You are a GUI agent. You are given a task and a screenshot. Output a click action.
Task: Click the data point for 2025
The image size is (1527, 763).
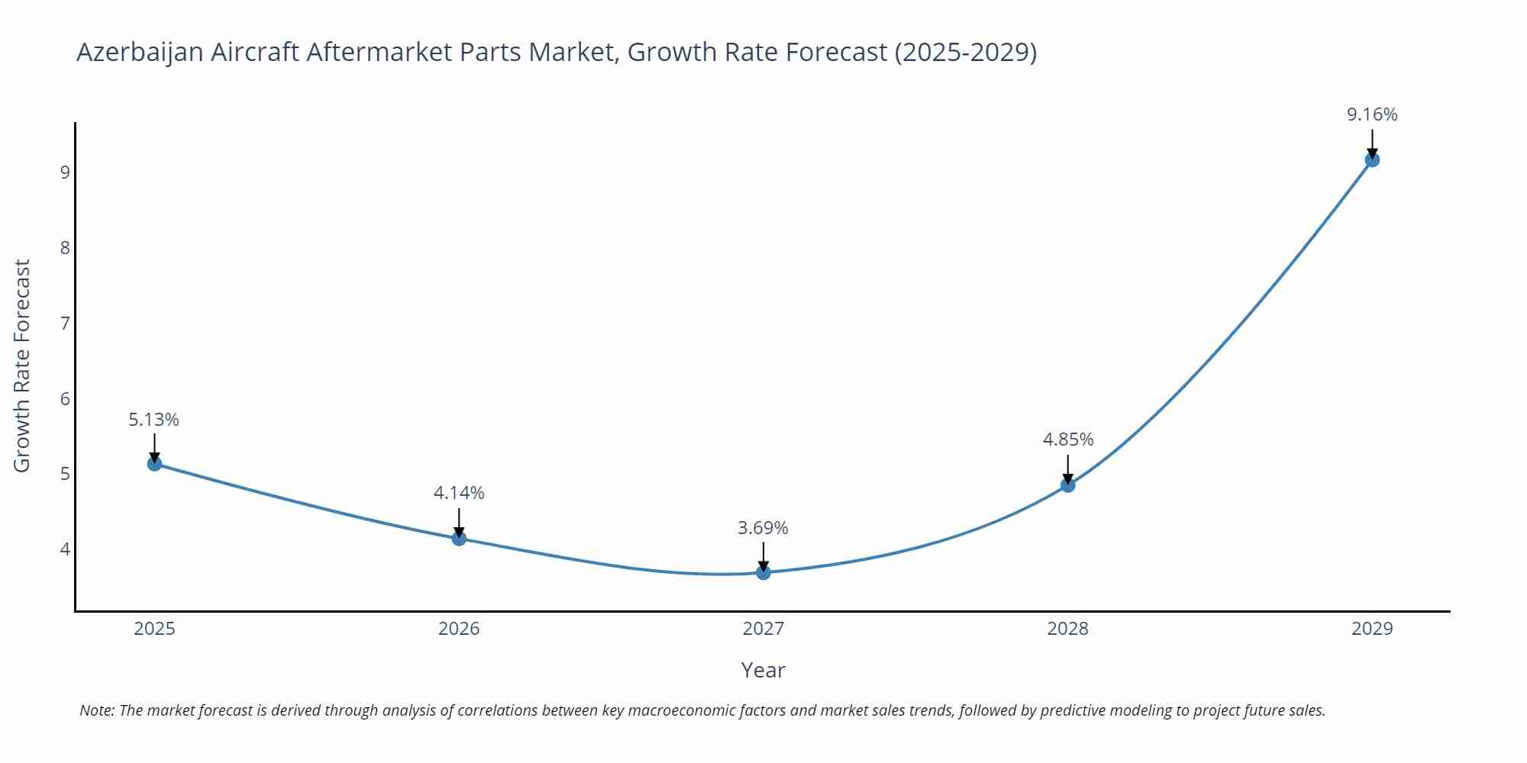pyautogui.click(x=154, y=463)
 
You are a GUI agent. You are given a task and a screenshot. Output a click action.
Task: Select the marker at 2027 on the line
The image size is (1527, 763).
pyautogui.click(x=763, y=572)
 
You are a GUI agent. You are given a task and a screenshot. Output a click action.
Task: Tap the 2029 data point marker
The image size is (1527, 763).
pyautogui.click(x=1372, y=159)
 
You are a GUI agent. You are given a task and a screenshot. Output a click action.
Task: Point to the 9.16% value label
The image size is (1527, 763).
pyautogui.click(x=1372, y=114)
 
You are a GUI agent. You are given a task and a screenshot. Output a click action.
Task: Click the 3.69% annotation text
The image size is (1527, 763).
pyautogui.click(x=763, y=528)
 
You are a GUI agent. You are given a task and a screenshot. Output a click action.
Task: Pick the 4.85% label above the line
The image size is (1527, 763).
pyautogui.click(x=1068, y=439)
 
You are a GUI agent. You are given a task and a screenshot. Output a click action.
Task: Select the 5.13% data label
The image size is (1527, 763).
pyautogui.click(x=153, y=420)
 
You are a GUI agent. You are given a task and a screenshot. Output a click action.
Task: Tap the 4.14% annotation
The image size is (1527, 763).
pyautogui.click(x=459, y=493)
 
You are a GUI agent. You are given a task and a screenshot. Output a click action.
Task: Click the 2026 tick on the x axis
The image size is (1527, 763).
pyautogui.click(x=459, y=629)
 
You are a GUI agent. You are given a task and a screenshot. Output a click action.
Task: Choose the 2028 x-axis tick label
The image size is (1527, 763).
pyautogui.click(x=1067, y=629)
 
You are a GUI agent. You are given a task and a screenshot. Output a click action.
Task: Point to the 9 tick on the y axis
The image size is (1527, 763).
pyautogui.click(x=65, y=172)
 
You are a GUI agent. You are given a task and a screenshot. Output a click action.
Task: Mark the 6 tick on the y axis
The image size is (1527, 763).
pyautogui.click(x=65, y=398)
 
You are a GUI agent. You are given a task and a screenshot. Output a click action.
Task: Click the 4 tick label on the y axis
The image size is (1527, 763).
pyautogui.click(x=65, y=549)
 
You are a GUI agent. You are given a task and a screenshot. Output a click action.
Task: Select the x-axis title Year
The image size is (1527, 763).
pyautogui.click(x=763, y=670)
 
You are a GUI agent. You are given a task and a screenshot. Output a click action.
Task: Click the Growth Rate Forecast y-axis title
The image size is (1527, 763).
pyautogui.click(x=22, y=365)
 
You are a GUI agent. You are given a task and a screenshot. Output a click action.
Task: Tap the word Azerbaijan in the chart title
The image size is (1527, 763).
pyautogui.click(x=140, y=52)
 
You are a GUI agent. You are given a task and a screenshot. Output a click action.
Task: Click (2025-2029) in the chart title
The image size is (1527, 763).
pyautogui.click(x=965, y=52)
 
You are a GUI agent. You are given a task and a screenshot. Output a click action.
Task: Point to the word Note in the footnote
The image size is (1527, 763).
pyautogui.click(x=95, y=710)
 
